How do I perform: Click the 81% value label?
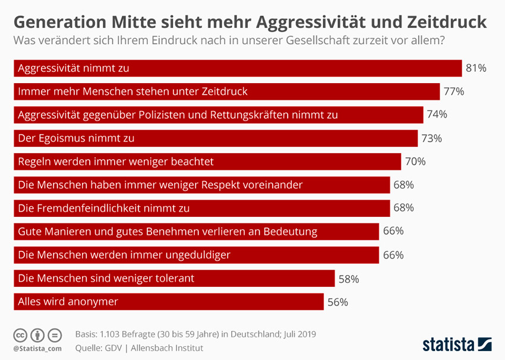coord(476,68)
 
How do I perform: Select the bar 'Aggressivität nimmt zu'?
coord(238,68)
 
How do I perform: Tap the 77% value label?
coord(453,91)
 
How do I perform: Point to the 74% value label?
coord(436,115)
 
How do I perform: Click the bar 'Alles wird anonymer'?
coord(168,302)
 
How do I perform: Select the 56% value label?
coord(337,302)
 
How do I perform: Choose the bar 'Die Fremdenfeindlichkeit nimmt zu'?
coord(201,209)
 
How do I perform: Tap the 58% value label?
coord(349,279)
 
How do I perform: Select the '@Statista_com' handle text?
coord(37,348)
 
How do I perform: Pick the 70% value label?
coord(415,162)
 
